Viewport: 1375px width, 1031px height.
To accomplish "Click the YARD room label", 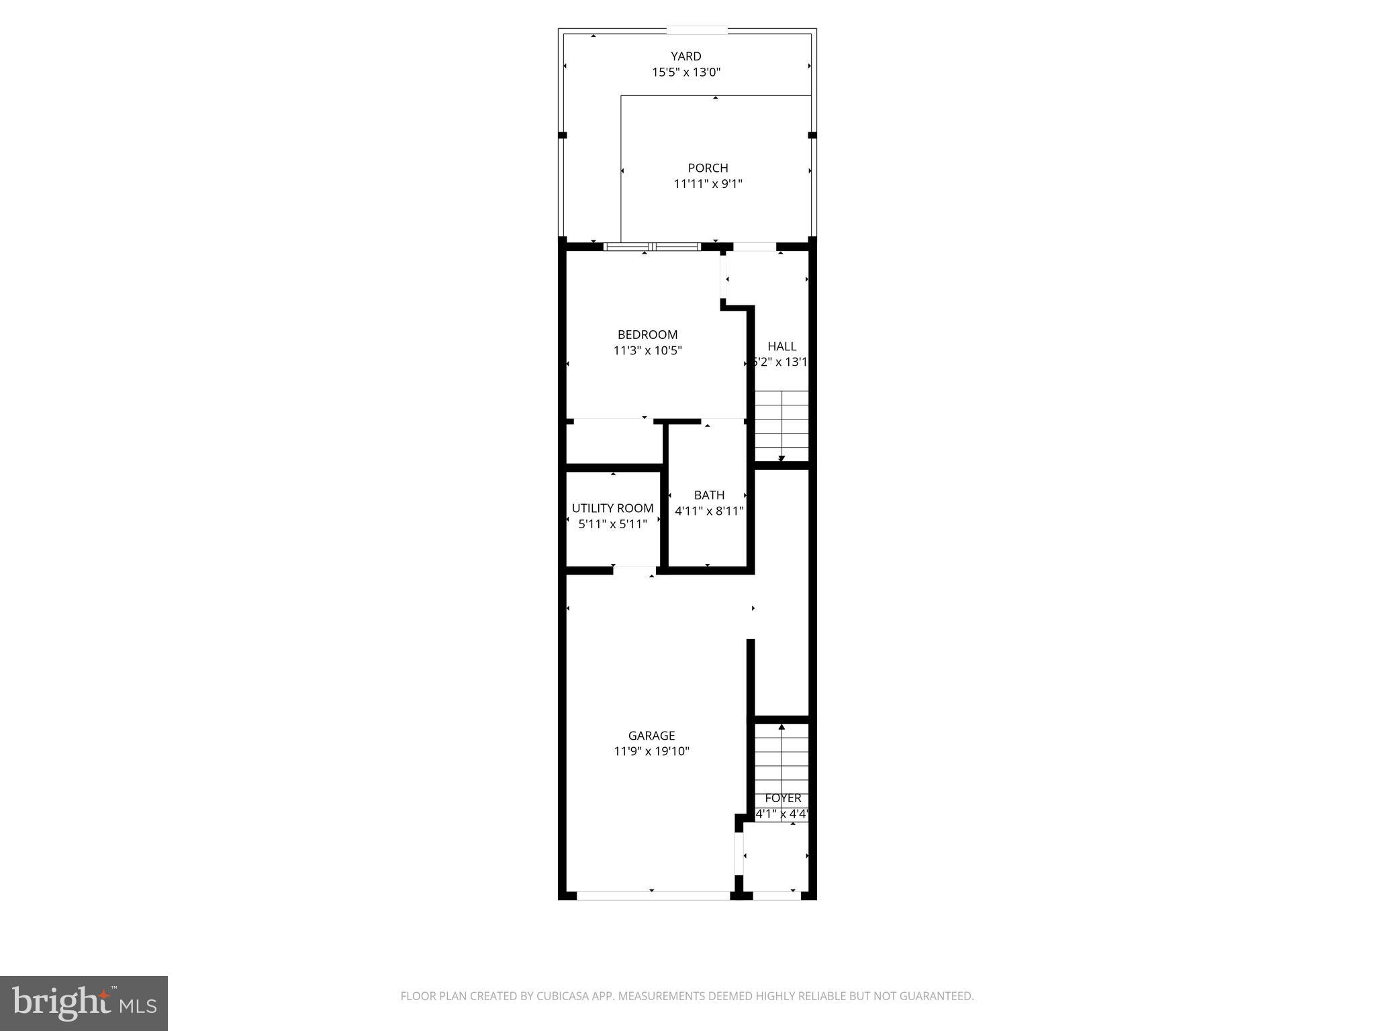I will pyautogui.click(x=685, y=56).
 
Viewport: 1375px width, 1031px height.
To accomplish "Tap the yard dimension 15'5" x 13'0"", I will pyautogui.click(x=685, y=72).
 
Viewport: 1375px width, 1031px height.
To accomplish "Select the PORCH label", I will pyautogui.click(x=708, y=168).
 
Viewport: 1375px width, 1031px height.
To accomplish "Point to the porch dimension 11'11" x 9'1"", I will pyautogui.click(x=708, y=184).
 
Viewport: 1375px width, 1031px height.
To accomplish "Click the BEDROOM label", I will pyautogui.click(x=647, y=334).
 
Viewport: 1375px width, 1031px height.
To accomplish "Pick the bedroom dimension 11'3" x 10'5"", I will pyautogui.click(x=647, y=350).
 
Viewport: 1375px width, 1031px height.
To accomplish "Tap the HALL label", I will pyautogui.click(x=781, y=346).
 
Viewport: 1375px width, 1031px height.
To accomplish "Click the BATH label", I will pyautogui.click(x=709, y=495).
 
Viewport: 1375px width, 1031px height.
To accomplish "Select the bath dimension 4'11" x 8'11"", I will pyautogui.click(x=709, y=511).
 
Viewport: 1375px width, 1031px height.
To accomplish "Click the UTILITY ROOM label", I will pyautogui.click(x=612, y=508).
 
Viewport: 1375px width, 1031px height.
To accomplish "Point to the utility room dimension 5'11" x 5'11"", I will pyautogui.click(x=612, y=524).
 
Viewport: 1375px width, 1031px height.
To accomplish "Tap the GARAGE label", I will pyautogui.click(x=651, y=736).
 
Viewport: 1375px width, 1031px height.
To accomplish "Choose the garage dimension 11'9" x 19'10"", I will pyautogui.click(x=651, y=751).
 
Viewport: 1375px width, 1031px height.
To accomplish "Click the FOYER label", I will pyautogui.click(x=783, y=798).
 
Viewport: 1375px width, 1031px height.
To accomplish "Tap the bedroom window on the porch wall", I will pyautogui.click(x=653, y=246).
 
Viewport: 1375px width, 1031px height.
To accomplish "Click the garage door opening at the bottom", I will pyautogui.click(x=653, y=895).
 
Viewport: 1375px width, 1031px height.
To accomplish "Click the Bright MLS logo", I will pyautogui.click(x=84, y=1003).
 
